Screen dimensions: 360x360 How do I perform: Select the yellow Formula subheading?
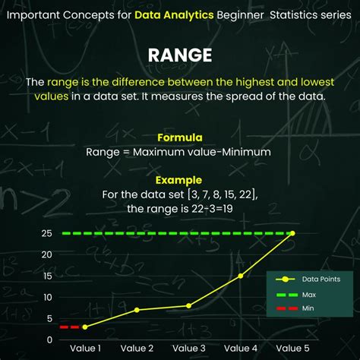(x=179, y=137)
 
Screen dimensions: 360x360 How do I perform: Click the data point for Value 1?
(x=84, y=327)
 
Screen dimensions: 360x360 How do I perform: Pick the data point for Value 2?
(x=137, y=310)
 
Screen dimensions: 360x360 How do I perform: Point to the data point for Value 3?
(x=188, y=305)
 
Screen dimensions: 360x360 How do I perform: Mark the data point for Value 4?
(x=241, y=276)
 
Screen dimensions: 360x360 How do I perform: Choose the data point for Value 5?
(x=292, y=233)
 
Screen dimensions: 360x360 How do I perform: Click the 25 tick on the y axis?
(x=47, y=233)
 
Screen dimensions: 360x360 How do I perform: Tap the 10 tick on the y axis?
(x=47, y=297)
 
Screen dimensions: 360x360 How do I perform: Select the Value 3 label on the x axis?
(x=188, y=349)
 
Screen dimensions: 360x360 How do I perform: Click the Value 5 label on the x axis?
(x=292, y=349)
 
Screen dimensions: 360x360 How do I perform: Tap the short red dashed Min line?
(x=69, y=327)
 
